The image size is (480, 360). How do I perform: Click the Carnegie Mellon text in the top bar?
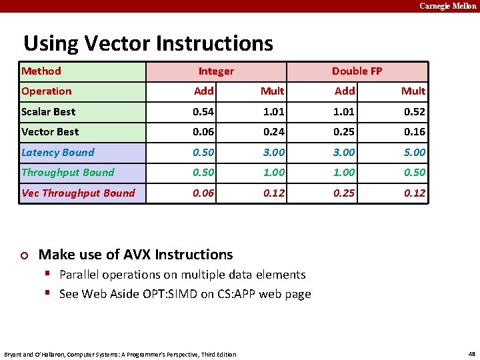coord(447,5)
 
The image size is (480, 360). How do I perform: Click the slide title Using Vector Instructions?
coord(148,43)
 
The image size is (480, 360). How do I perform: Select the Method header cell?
coord(41,71)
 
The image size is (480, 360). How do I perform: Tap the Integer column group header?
coord(216,71)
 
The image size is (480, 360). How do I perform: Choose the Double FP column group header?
coord(357,71)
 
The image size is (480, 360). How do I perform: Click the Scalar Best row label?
coord(49,111)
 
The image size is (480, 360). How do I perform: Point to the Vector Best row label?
coord(50,132)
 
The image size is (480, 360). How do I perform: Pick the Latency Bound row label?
coord(58,152)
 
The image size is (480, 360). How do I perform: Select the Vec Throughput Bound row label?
coord(78,193)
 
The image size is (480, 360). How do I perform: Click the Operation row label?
coord(47,91)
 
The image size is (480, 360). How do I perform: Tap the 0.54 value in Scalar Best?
coord(203,111)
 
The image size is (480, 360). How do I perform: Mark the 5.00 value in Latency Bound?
coord(414,152)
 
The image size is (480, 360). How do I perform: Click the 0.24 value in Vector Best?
coord(273,132)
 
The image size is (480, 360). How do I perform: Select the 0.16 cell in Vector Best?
coord(414,132)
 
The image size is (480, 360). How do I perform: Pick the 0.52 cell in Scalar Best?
coord(414,111)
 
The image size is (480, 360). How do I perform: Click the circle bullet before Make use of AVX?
coord(25,255)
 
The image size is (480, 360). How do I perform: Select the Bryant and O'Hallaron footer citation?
coord(120,354)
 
